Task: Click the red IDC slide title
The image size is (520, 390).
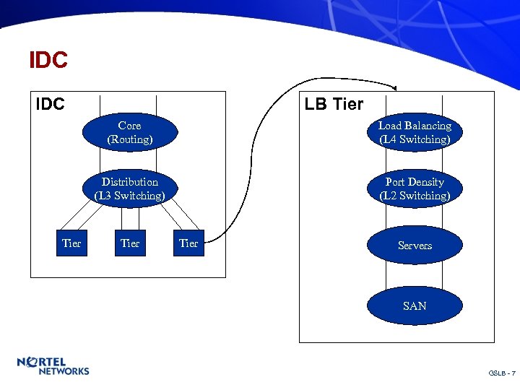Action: click(48, 60)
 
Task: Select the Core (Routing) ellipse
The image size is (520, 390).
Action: click(130, 132)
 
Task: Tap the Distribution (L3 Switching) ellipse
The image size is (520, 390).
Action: click(130, 188)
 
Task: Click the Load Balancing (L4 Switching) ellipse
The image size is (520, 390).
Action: click(415, 132)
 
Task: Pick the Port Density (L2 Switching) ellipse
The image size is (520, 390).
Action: click(415, 188)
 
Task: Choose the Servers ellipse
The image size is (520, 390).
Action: click(415, 246)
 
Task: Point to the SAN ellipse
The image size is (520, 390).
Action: click(415, 305)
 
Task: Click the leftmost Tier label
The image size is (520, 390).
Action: click(71, 243)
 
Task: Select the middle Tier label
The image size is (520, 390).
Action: click(130, 243)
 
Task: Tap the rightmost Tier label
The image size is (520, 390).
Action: click(188, 243)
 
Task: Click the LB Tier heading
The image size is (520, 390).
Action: click(334, 104)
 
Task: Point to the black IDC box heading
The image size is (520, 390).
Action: click(51, 104)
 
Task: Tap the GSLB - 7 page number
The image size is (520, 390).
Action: click(502, 373)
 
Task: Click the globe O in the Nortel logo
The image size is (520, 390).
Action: click(32, 361)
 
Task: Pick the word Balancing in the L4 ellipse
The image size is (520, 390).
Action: click(428, 126)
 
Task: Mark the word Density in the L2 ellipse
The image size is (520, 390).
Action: click(429, 182)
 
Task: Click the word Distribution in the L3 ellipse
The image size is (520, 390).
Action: click(130, 182)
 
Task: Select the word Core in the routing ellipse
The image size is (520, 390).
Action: click(130, 126)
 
